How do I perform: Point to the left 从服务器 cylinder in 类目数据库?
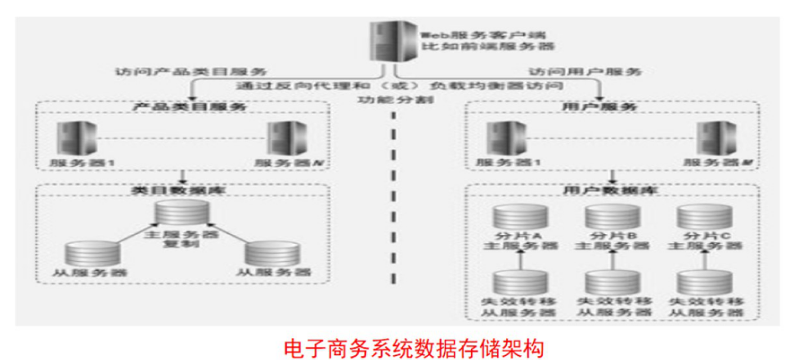point(88,251)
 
